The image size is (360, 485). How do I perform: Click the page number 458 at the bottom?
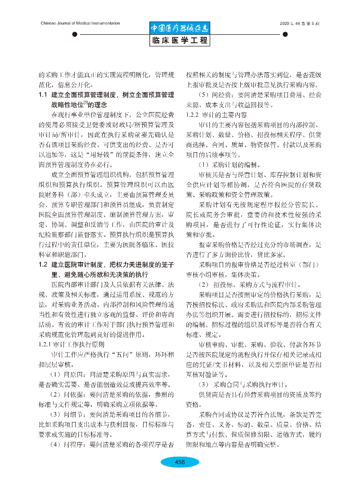(180, 462)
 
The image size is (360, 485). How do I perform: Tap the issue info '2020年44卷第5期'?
(299, 23)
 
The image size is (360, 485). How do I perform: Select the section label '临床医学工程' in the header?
(180, 41)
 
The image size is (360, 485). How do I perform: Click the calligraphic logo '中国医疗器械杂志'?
(180, 28)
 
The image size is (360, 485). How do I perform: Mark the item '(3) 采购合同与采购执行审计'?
(245, 384)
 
